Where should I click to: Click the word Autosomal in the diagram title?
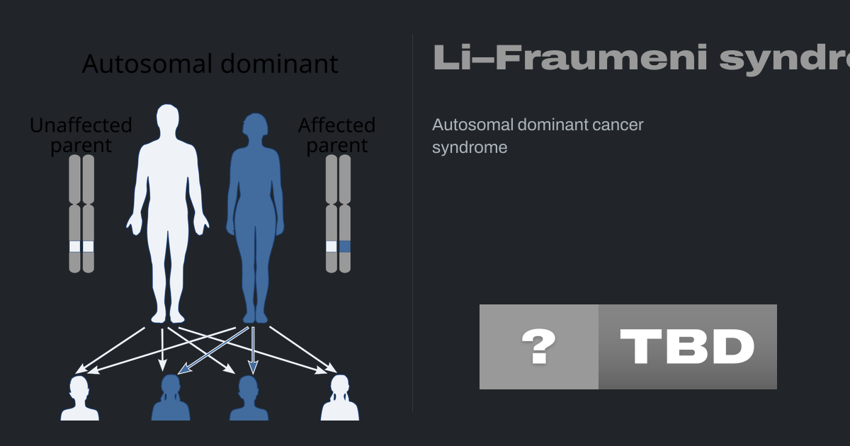(137, 64)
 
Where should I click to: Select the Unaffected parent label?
(81, 135)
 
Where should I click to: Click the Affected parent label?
(336, 135)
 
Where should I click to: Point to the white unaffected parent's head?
(166, 120)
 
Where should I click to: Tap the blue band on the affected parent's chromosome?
(345, 246)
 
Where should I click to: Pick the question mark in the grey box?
(538, 347)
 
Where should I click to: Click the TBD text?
(687, 347)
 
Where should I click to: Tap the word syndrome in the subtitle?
(470, 148)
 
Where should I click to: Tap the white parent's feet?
(166, 316)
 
